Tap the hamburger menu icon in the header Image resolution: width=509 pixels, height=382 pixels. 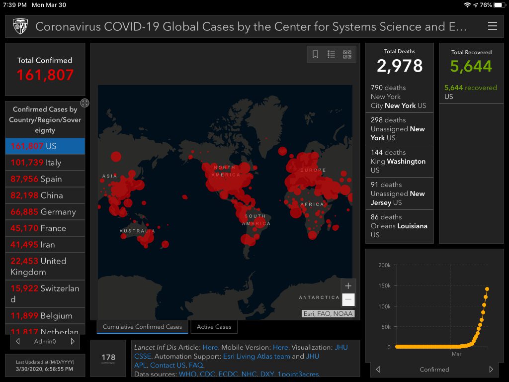pos(492,26)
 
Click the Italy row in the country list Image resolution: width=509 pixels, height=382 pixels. pos(45,163)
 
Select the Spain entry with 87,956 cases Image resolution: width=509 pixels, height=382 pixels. pos(45,179)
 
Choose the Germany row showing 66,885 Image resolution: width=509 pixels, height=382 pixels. pos(45,212)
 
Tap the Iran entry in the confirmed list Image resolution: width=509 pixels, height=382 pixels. pos(45,245)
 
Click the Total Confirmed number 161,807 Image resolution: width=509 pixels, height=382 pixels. pos(45,75)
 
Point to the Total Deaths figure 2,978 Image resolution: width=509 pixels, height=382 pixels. pos(399,66)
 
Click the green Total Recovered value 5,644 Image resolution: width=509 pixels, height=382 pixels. pos(471,66)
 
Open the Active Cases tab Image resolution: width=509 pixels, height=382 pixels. pos(214,327)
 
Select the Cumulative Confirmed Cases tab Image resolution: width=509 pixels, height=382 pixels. pos(142,327)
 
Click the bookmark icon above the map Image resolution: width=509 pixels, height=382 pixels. pos(315,54)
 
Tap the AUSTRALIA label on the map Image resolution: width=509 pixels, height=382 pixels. pos(137,231)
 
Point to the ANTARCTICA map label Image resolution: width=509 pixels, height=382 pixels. pos(319,297)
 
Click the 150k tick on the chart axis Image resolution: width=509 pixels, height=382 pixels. pos(384,286)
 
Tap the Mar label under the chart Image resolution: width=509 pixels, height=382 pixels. pos(456,354)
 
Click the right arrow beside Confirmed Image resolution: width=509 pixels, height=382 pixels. pos(491,370)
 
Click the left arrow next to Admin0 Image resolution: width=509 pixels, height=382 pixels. pos(18,342)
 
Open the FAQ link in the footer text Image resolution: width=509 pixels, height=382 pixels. pos(196,365)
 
